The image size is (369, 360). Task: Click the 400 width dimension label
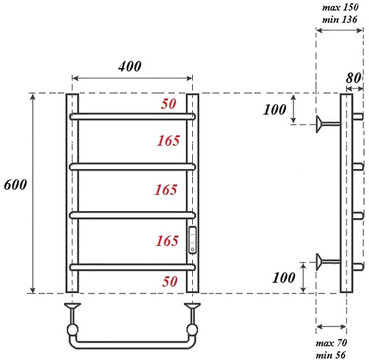pyautogui.click(x=130, y=66)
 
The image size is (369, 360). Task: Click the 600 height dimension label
pyautogui.click(x=15, y=185)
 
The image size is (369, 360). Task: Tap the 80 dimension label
pyautogui.click(x=353, y=78)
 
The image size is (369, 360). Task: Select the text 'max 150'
pyautogui.click(x=340, y=7)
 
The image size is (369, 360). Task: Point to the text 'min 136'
pyautogui.click(x=340, y=20)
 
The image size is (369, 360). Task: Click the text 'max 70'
pyautogui.click(x=331, y=343)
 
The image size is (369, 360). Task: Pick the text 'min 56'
pyautogui.click(x=331, y=355)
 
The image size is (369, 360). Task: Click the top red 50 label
pyautogui.click(x=168, y=104)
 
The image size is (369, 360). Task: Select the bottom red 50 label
pyautogui.click(x=170, y=282)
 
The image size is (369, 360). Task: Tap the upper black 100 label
pyautogui.click(x=275, y=110)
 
